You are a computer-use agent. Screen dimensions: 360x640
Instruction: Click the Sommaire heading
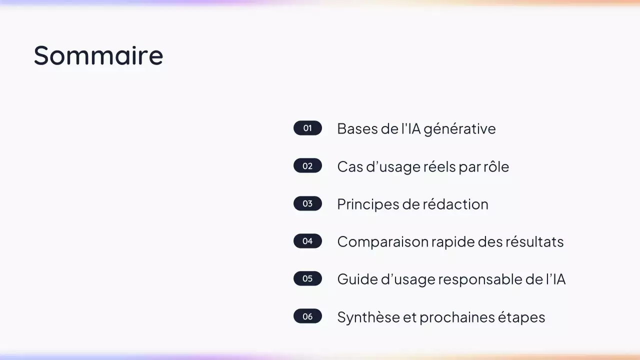(x=98, y=55)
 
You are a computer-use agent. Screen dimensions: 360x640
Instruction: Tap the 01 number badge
(x=307, y=128)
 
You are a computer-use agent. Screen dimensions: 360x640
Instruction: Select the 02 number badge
(x=307, y=166)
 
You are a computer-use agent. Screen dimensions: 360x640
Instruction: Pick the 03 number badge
(x=307, y=203)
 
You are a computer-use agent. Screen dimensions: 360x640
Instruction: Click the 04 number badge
(x=307, y=241)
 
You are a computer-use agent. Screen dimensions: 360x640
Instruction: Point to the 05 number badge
(x=307, y=278)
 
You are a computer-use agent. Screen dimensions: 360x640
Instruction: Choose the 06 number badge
(x=307, y=316)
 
